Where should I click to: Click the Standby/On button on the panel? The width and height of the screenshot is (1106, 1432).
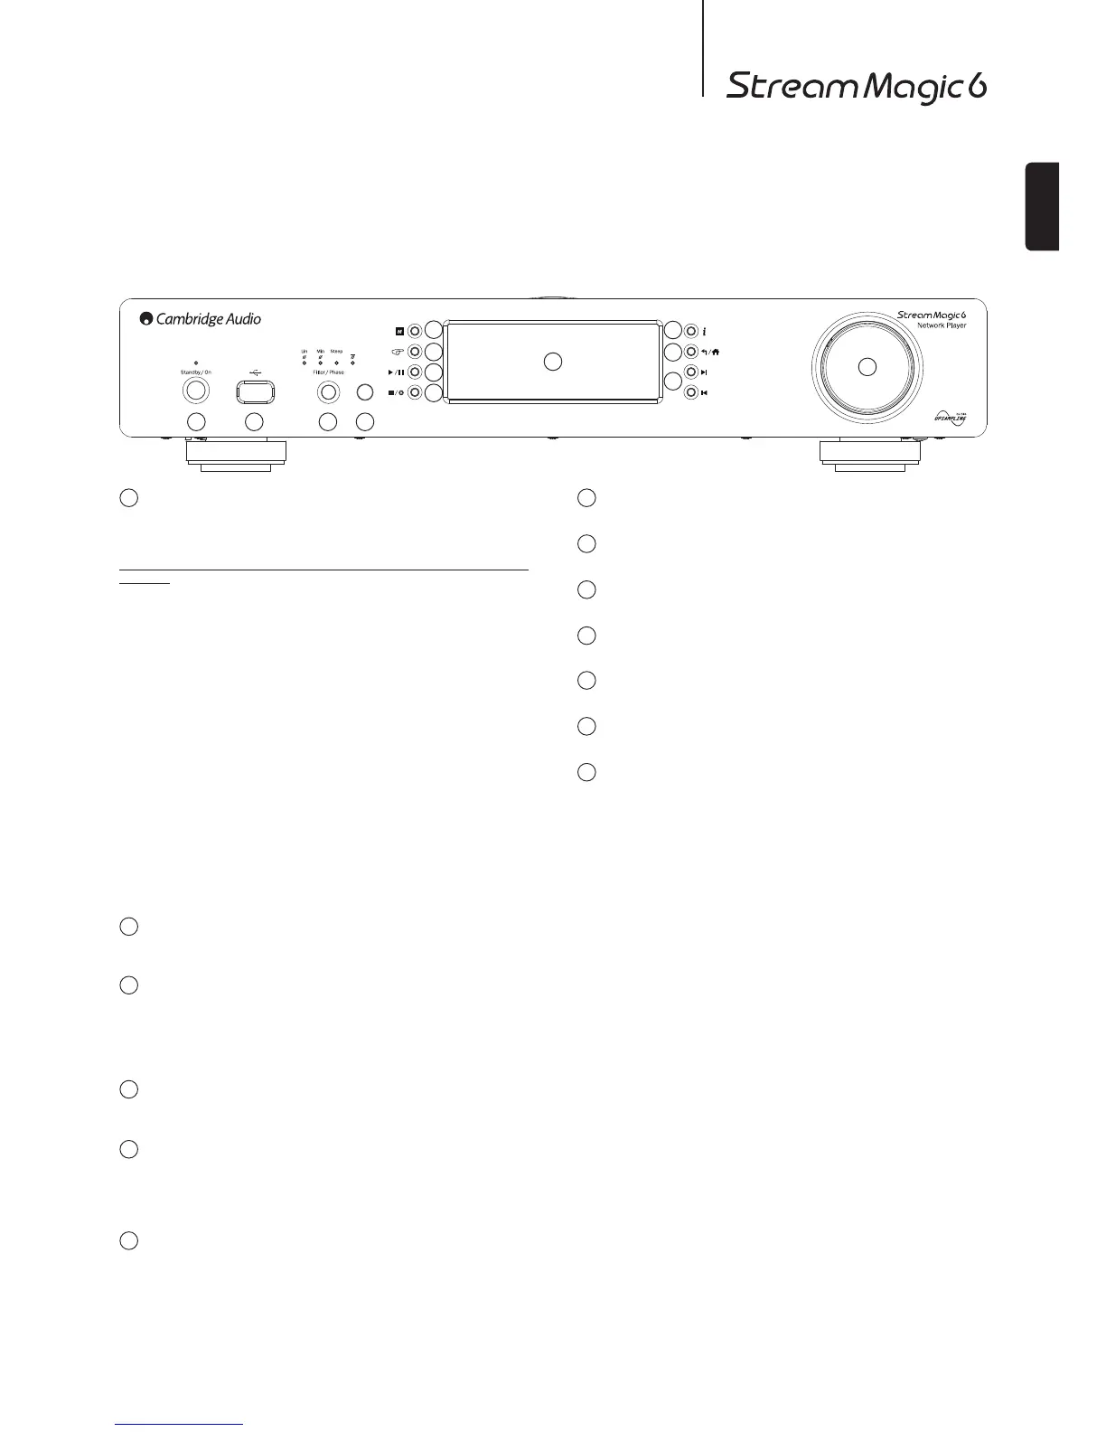pos(196,391)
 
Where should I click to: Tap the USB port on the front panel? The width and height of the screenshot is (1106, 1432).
pos(255,391)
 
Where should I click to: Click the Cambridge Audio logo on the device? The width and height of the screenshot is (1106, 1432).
pos(201,318)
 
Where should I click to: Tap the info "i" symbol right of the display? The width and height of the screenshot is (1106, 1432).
pos(704,331)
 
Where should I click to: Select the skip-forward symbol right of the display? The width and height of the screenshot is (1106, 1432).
pos(703,372)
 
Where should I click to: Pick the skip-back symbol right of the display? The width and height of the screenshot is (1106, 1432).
pos(703,392)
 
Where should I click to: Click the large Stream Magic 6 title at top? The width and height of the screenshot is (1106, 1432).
pos(856,88)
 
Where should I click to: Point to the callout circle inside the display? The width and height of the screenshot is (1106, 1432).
pos(553,362)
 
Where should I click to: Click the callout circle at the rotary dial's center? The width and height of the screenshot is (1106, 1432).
pos(867,366)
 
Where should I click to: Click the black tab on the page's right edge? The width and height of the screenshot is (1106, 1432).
pos(1042,206)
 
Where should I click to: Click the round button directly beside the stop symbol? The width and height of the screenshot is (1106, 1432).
pos(414,392)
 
